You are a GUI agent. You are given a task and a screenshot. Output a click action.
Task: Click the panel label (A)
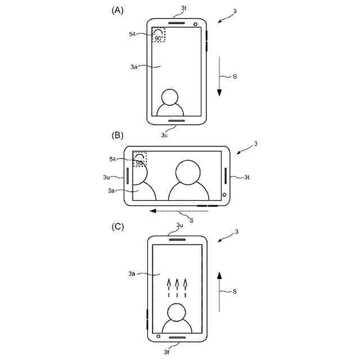click(x=118, y=10)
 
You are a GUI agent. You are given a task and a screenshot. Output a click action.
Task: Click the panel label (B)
click(x=118, y=136)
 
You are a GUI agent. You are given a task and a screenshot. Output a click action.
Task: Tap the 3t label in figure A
click(x=183, y=8)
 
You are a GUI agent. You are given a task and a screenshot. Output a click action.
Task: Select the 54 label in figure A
click(x=132, y=34)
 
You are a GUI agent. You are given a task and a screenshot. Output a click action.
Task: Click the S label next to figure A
click(x=233, y=76)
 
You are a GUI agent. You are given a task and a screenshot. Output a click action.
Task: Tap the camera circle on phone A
click(x=195, y=25)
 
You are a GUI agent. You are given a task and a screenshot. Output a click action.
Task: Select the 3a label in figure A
click(x=134, y=66)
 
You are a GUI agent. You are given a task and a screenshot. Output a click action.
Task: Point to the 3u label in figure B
click(x=106, y=177)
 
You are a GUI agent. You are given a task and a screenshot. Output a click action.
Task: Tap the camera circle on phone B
click(x=224, y=195)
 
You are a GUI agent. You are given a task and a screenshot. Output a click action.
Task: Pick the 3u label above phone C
click(x=179, y=225)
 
